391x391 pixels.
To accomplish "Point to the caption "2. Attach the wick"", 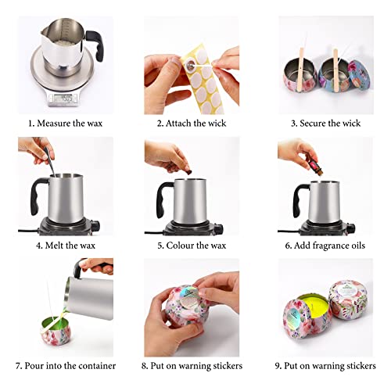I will [x=195, y=124].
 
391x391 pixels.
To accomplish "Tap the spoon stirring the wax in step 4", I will [x=46, y=167].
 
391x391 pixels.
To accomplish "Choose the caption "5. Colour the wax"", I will [x=195, y=244].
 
